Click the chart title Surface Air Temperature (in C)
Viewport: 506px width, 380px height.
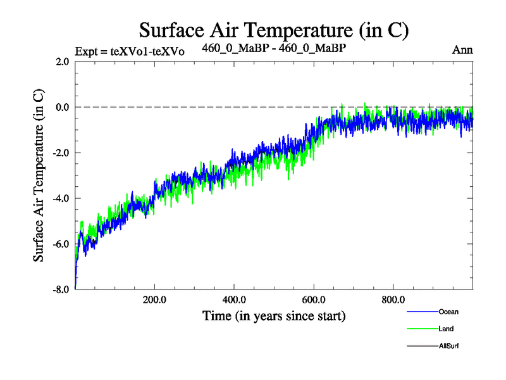(x=274, y=30)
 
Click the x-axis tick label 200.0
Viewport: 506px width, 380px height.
(x=154, y=300)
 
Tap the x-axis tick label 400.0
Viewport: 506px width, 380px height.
(x=234, y=300)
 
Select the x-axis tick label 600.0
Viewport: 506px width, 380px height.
(x=314, y=300)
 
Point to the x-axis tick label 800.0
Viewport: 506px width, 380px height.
(x=393, y=300)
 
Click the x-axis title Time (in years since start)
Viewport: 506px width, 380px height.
(x=274, y=315)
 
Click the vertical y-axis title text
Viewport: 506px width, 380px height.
(x=39, y=175)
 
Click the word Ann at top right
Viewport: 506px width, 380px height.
(x=462, y=50)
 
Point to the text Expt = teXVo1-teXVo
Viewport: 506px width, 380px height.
(x=130, y=51)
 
